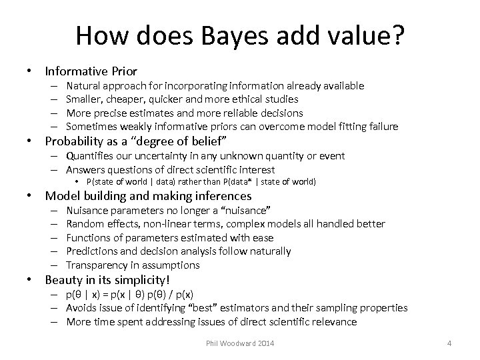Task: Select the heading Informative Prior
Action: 91,70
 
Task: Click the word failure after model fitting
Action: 381,127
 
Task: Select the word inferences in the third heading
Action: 221,196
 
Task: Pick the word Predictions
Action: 92,251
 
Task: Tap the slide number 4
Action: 449,343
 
